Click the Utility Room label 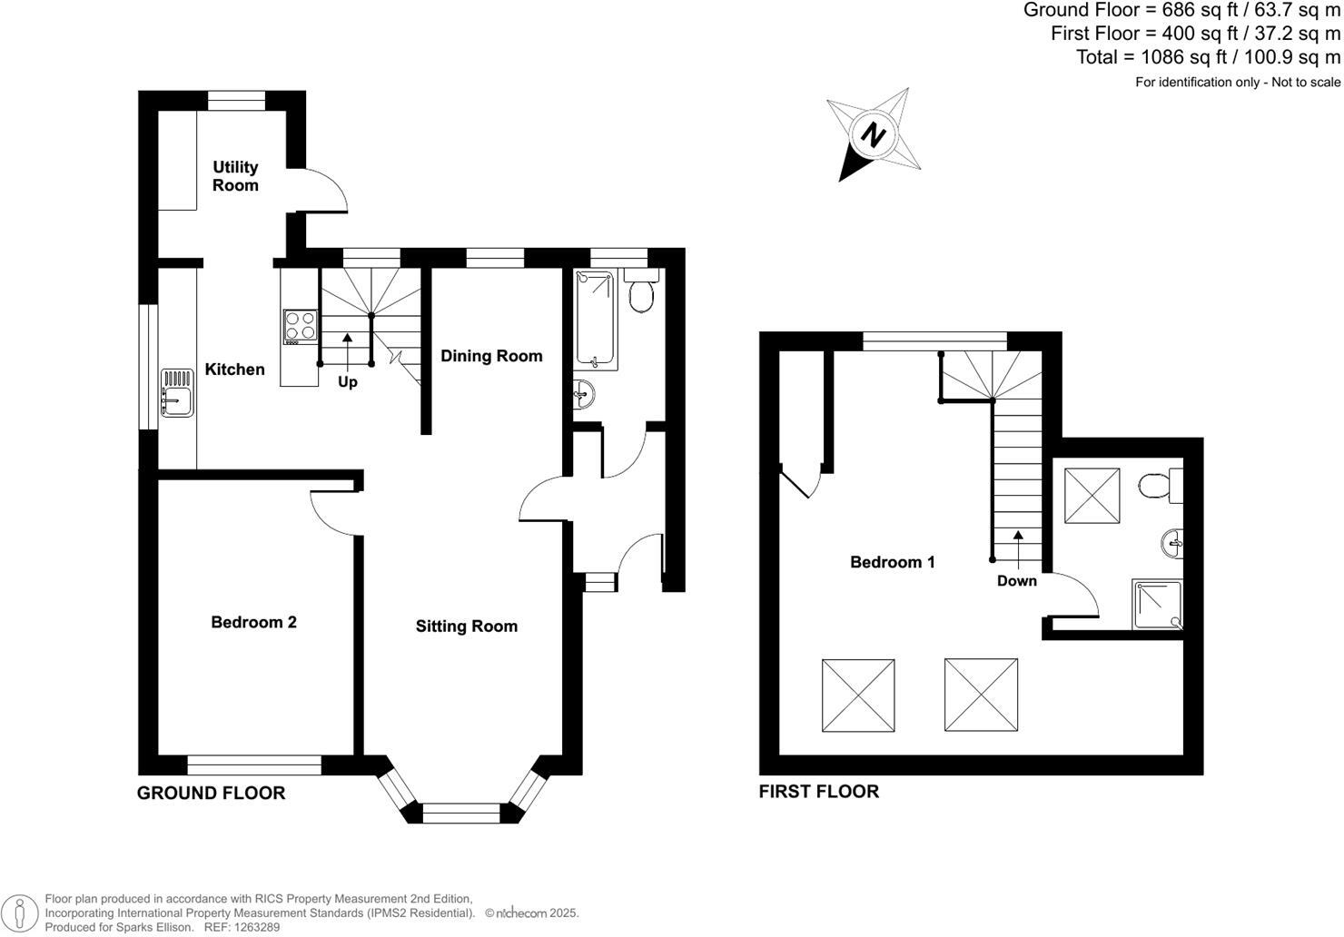coord(235,176)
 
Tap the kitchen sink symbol coord(177,392)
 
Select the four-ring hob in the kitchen coord(300,326)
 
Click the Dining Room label coord(491,356)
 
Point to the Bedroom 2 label coord(253,622)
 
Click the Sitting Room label coord(466,626)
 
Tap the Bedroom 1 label coord(892,562)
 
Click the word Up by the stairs coord(348,382)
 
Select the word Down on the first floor coord(1016,581)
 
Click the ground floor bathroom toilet coord(641,291)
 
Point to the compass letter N coord(874,135)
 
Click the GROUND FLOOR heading coord(211,793)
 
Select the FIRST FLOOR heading coord(818,791)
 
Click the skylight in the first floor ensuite coord(1092,496)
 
